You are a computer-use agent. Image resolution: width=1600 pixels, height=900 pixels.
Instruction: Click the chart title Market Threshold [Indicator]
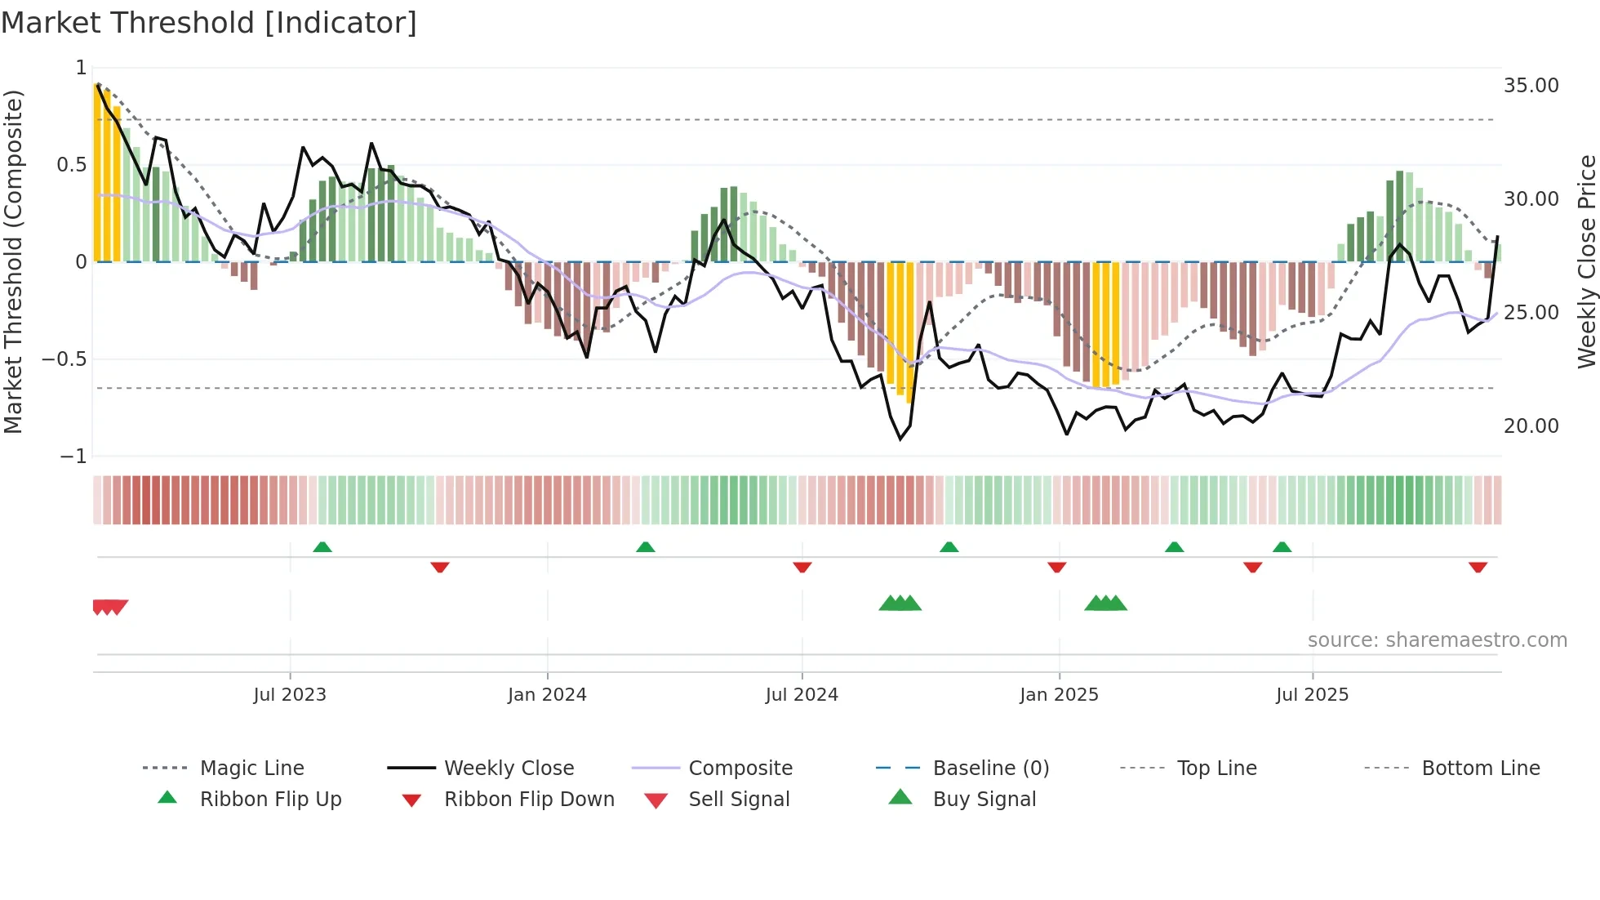[x=209, y=23]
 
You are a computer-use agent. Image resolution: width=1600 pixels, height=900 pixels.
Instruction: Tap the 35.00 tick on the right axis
[x=1531, y=86]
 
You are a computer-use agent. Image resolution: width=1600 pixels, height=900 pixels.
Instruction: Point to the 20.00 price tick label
[x=1531, y=426]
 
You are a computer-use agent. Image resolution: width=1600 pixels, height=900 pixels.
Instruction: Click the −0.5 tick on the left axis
[x=64, y=359]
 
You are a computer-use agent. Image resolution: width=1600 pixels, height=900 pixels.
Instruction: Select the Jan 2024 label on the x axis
[x=547, y=695]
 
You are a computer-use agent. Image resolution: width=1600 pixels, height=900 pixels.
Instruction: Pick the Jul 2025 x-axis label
[x=1312, y=695]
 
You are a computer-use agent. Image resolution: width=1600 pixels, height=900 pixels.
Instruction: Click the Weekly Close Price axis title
[x=1586, y=261]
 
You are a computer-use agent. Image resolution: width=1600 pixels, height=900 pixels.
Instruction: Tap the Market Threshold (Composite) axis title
[x=13, y=261]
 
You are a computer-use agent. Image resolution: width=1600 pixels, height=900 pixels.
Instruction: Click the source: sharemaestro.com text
[x=1437, y=640]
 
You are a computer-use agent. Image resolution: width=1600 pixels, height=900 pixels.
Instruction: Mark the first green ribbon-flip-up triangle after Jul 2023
[x=322, y=547]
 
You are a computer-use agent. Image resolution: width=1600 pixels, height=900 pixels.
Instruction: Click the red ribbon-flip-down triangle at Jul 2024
[x=802, y=567]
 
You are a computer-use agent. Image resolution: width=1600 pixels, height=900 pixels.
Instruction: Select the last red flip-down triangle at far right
[x=1478, y=567]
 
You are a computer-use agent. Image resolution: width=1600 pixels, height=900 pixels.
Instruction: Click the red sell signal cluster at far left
[x=109, y=607]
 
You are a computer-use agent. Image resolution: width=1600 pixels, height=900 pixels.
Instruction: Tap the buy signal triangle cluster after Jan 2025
[x=1105, y=604]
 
